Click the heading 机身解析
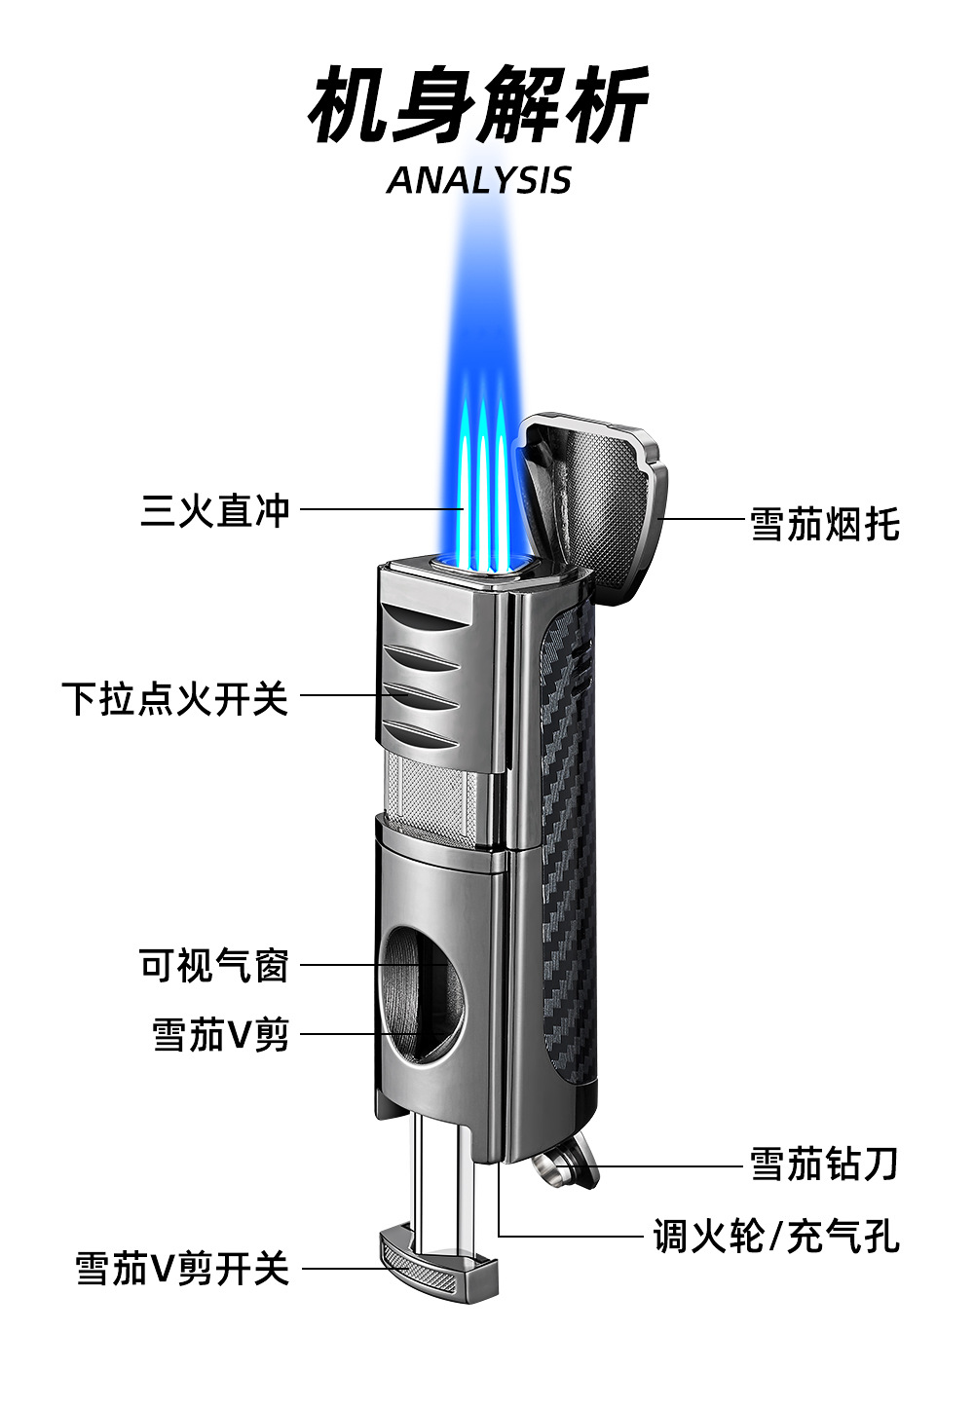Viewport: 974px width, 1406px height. point(478,105)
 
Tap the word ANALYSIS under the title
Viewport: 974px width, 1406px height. point(478,180)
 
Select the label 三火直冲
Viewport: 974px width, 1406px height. point(215,509)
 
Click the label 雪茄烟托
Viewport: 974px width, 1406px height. point(825,523)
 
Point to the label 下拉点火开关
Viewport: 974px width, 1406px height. point(175,697)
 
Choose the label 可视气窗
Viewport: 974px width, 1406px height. point(215,966)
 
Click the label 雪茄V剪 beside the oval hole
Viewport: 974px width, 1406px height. point(221,1034)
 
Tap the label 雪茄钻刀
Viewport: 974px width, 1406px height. point(824,1164)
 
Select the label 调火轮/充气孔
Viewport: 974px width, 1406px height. point(776,1237)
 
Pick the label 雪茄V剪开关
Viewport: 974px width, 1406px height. point(183,1269)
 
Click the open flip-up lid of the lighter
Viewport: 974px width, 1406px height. point(594,497)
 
